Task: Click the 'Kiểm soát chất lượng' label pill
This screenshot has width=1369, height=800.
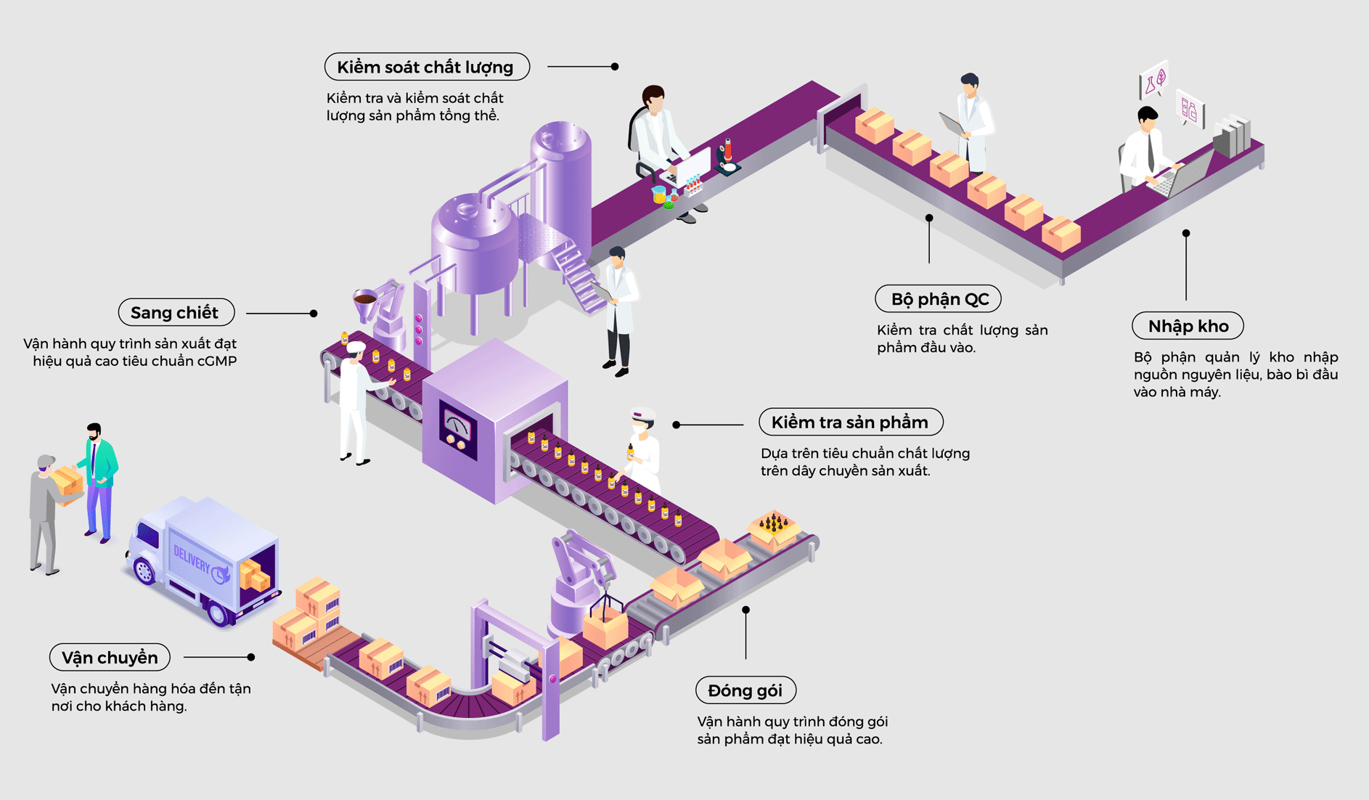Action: click(427, 67)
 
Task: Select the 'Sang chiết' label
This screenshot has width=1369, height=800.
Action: click(176, 313)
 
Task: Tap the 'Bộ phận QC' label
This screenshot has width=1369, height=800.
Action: click(938, 299)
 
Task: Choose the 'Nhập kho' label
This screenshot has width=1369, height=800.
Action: click(1188, 326)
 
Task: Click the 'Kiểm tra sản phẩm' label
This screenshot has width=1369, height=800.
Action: click(850, 422)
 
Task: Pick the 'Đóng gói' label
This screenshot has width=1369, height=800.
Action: click(745, 690)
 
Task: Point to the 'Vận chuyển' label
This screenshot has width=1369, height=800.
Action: click(110, 658)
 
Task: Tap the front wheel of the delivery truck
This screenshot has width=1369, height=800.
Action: click(145, 571)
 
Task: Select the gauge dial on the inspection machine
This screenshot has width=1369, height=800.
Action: click(457, 425)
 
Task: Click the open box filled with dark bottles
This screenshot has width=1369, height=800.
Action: click(774, 526)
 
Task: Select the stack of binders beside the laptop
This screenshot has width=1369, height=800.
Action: click(1232, 136)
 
